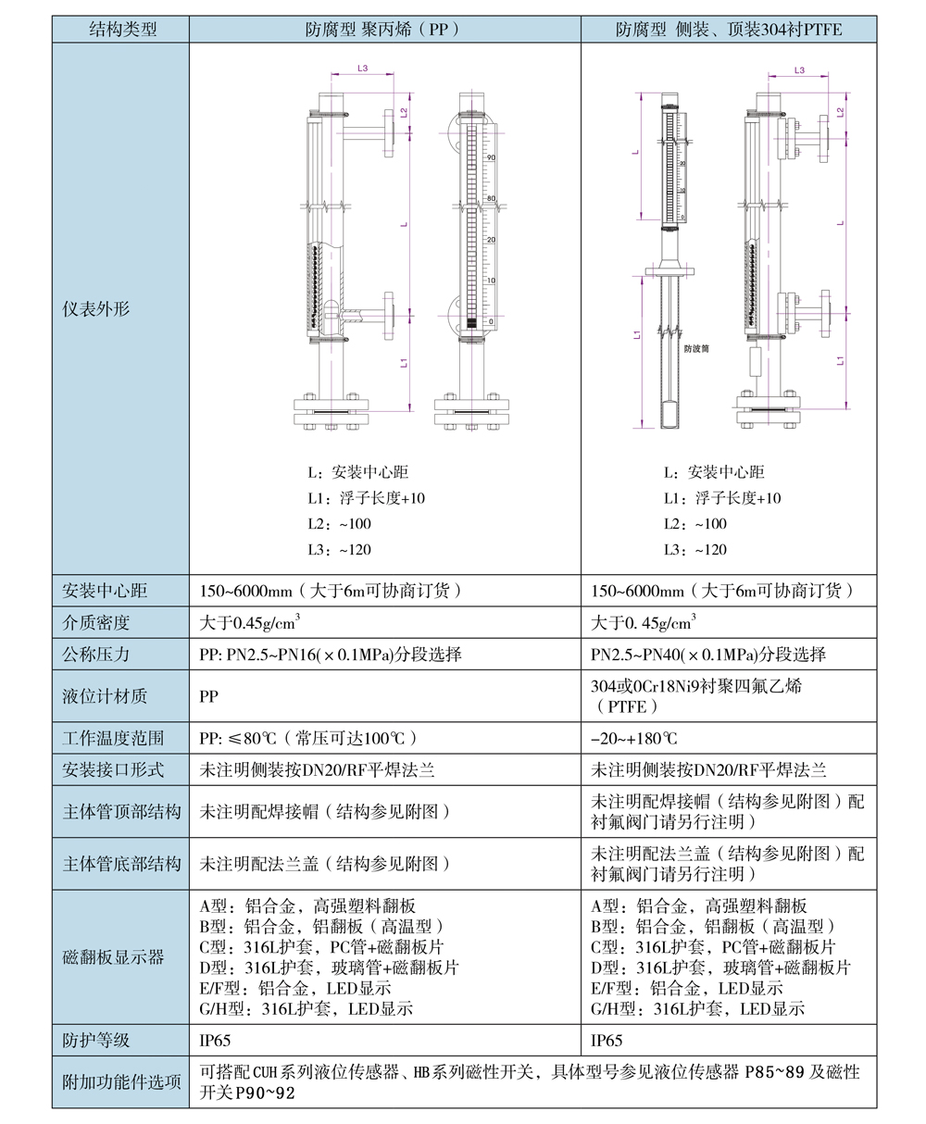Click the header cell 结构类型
pyautogui.click(x=121, y=30)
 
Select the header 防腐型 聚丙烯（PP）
pyautogui.click(x=383, y=30)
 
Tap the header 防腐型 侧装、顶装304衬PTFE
pyautogui.click(x=729, y=30)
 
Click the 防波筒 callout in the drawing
pyautogui.click(x=696, y=349)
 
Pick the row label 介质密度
pyautogui.click(x=96, y=622)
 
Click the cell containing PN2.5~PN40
pyautogui.click(x=708, y=655)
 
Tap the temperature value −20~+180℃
pyautogui.click(x=634, y=739)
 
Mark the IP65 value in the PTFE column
pyautogui.click(x=607, y=1041)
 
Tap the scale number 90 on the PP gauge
pyautogui.click(x=492, y=158)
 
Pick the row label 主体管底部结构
pyautogui.click(x=121, y=864)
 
